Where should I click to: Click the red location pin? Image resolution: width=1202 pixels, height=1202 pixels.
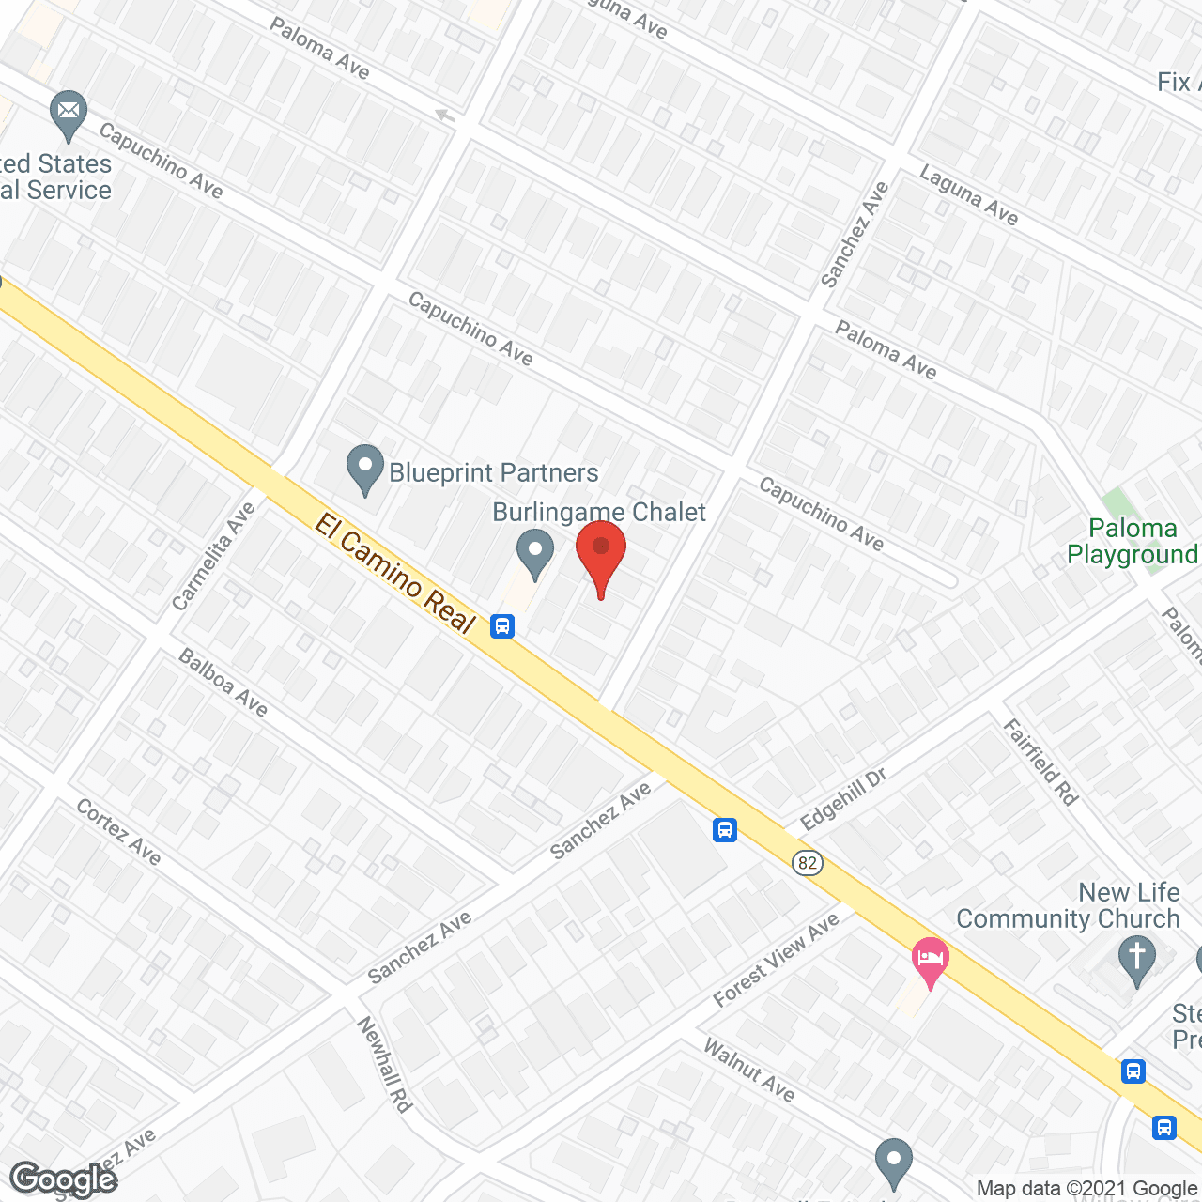(601, 554)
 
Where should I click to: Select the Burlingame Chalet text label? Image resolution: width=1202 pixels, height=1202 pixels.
(599, 512)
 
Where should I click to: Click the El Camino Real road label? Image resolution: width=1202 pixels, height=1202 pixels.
(395, 574)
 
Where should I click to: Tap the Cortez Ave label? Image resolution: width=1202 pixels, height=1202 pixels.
(118, 831)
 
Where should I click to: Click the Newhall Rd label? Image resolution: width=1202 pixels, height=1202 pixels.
(385, 1065)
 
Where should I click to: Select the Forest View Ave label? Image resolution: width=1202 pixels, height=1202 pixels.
(776, 960)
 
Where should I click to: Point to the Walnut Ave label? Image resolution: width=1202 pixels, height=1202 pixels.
(749, 1070)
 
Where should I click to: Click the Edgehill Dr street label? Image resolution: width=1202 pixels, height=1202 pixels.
(843, 799)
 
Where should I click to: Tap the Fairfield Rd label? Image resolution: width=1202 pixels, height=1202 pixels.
(1040, 762)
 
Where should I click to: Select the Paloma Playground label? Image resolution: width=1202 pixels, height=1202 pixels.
(1133, 542)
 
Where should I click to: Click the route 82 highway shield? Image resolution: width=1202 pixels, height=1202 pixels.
(808, 863)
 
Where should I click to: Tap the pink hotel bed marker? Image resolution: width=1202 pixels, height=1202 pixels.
(930, 960)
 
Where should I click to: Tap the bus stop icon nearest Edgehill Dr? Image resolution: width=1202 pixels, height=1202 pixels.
(724, 829)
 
